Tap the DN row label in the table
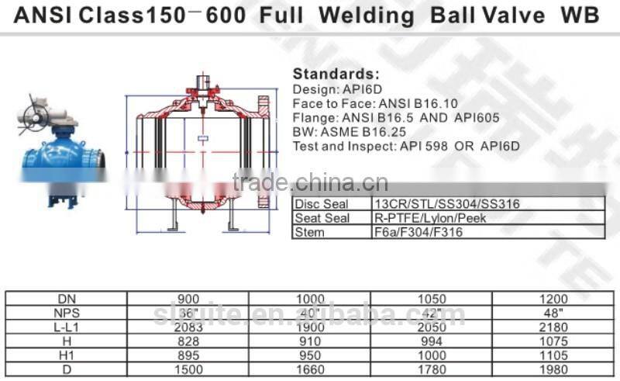pyautogui.click(x=67, y=298)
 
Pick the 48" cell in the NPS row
pyautogui.click(x=553, y=311)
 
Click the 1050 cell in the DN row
pyautogui.click(x=432, y=298)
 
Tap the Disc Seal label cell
pyautogui.click(x=322, y=204)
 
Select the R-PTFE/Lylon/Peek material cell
pyautogui.click(x=430, y=218)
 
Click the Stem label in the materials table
pyautogui.click(x=311, y=231)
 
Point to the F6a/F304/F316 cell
pyautogui.click(x=419, y=231)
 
